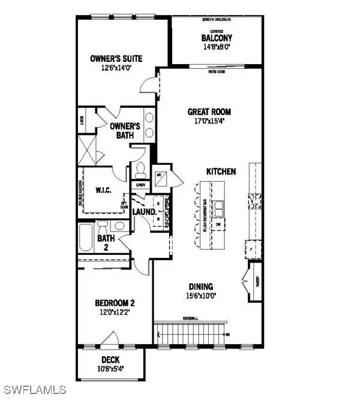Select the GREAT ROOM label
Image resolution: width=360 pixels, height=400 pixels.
click(x=209, y=112)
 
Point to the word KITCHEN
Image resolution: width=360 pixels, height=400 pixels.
click(x=221, y=172)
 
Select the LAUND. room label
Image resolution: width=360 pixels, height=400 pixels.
click(x=145, y=212)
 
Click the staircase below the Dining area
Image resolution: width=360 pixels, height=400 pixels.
click(x=190, y=333)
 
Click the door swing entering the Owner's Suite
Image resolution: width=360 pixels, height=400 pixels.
click(x=148, y=87)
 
